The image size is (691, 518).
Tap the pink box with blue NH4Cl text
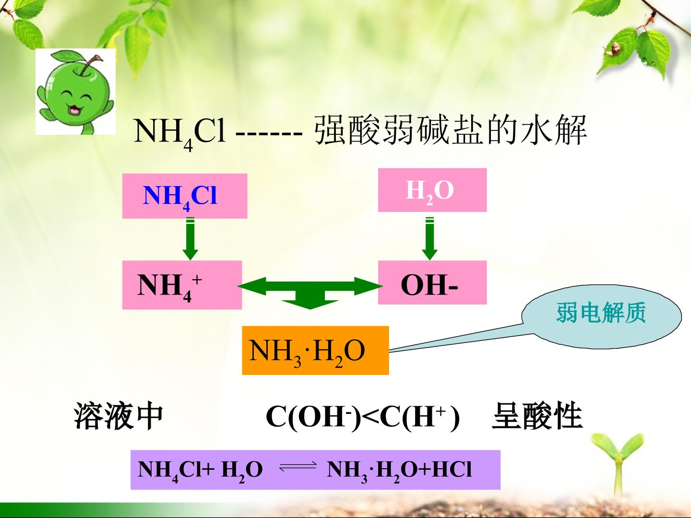[x=185, y=196]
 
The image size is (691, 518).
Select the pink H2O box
[x=432, y=190]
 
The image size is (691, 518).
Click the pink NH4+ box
[x=182, y=285]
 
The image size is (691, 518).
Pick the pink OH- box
[x=432, y=283]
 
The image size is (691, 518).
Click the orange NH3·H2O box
[x=315, y=350]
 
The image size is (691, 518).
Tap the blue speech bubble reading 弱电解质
[x=601, y=316]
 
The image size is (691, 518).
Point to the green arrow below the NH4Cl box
[x=191, y=239]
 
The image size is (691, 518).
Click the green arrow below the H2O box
[x=429, y=239]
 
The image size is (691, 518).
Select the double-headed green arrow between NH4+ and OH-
[x=310, y=286]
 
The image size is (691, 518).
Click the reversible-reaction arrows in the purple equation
[x=298, y=468]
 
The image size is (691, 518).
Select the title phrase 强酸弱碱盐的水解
[x=451, y=130]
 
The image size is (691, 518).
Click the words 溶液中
[x=119, y=415]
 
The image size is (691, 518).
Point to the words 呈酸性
[x=537, y=415]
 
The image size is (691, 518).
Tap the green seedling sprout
[x=617, y=466]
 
